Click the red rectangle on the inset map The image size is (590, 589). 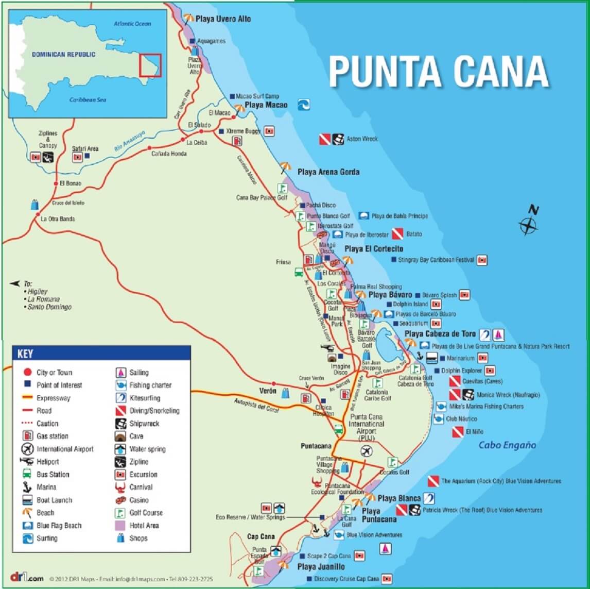click(150, 65)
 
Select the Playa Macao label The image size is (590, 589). click(266, 105)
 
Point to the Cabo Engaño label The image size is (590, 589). click(507, 445)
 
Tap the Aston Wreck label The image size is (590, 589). click(362, 139)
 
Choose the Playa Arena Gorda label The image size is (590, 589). click(328, 172)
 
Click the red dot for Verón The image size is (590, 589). click(274, 383)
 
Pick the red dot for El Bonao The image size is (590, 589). click(56, 183)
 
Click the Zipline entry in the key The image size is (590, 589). click(138, 462)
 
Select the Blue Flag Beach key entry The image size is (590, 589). click(59, 526)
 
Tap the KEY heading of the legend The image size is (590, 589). click(25, 354)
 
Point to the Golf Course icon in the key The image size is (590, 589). click(120, 513)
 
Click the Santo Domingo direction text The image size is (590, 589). click(49, 307)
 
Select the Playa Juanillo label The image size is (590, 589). click(321, 567)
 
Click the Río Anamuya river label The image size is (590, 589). click(129, 141)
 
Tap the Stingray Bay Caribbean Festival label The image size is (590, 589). click(436, 260)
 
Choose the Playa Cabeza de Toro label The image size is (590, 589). click(440, 334)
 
